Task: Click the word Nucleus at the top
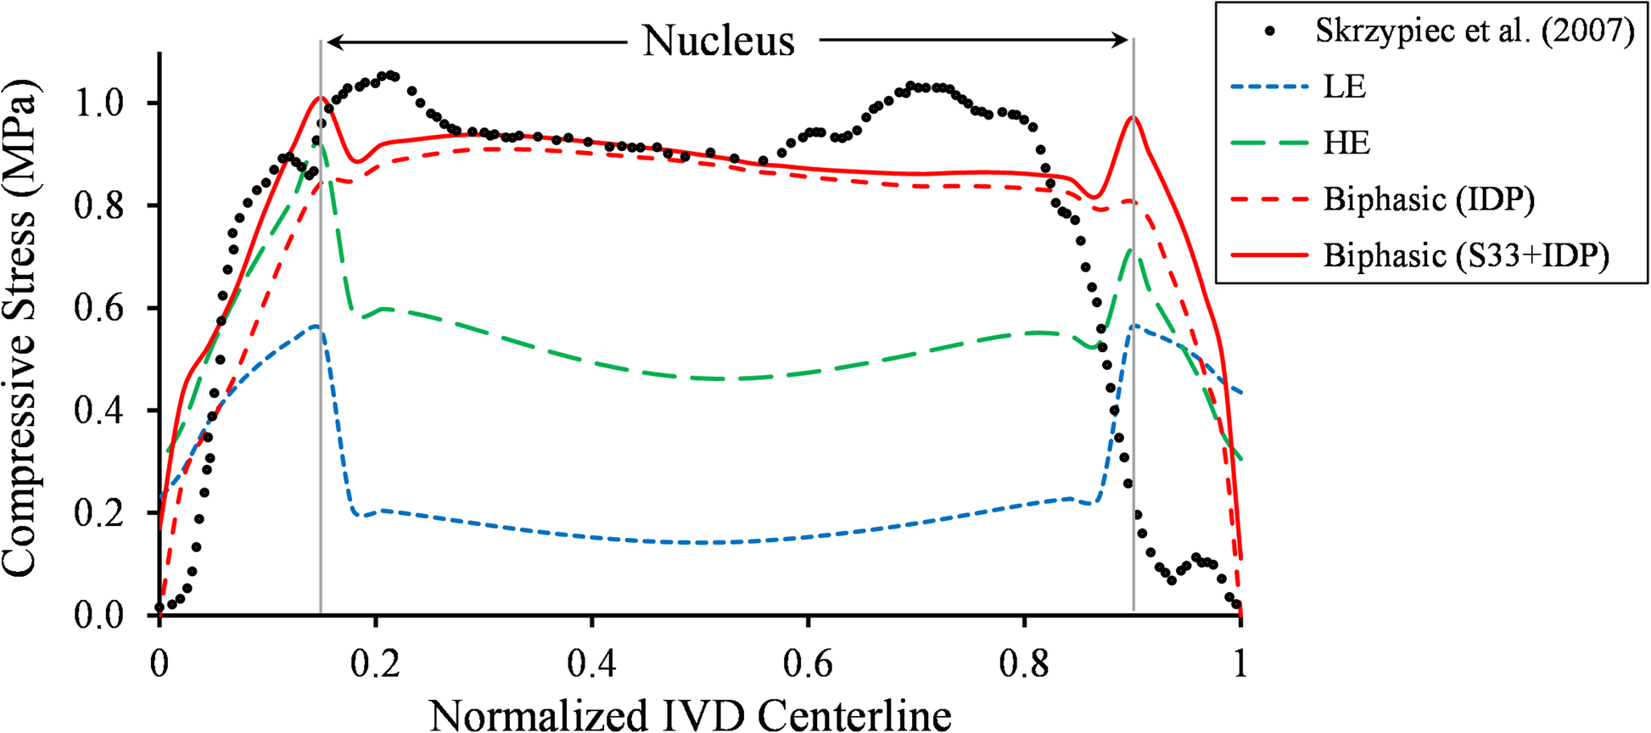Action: coord(718,41)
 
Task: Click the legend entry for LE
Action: coord(1345,87)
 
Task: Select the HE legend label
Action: coord(1346,143)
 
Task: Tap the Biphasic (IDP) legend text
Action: coord(1429,199)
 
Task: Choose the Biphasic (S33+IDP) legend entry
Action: coord(1466,255)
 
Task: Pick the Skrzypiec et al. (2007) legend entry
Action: coord(1475,31)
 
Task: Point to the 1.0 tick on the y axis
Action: coord(99,104)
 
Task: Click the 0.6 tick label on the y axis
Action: coord(99,308)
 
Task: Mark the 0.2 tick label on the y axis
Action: coord(99,513)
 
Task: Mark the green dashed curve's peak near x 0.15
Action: coord(316,144)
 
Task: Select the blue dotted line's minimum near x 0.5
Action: coord(702,542)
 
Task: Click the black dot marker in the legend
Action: coord(1269,31)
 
